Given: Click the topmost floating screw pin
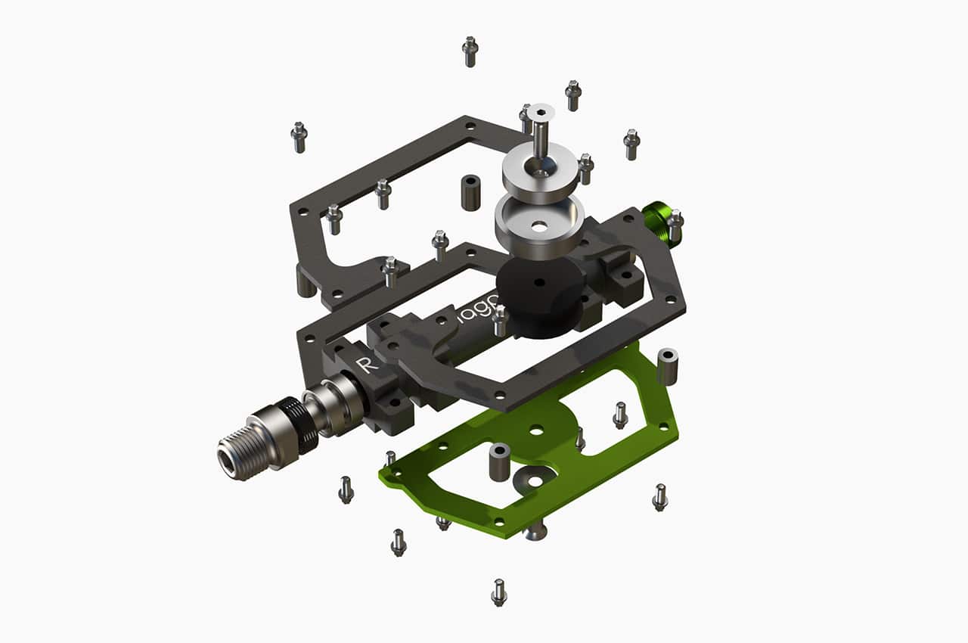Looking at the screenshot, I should pyautogui.click(x=470, y=51).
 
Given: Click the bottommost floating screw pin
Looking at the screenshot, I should pyautogui.click(x=499, y=592).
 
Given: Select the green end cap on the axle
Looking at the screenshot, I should pyautogui.click(x=656, y=224).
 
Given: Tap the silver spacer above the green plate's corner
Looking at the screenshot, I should pyautogui.click(x=668, y=366).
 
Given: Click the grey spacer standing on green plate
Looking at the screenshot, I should pyautogui.click(x=499, y=462).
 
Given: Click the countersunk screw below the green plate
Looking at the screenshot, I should pyautogui.click(x=535, y=532).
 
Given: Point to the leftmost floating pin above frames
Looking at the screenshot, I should pyautogui.click(x=299, y=137).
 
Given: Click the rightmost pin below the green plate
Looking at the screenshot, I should pyautogui.click(x=660, y=497).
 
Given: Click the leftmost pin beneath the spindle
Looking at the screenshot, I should pyautogui.click(x=346, y=489).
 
